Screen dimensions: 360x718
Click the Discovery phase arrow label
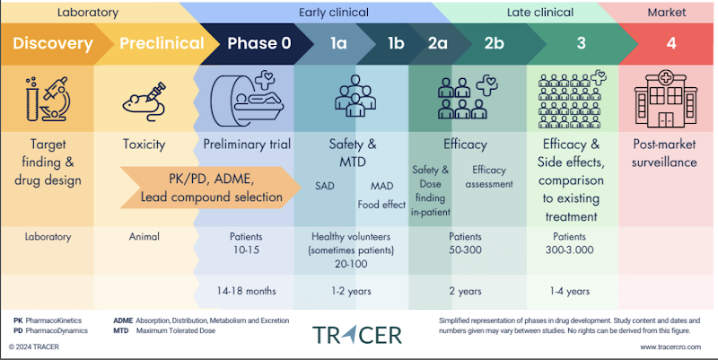tap(52, 44)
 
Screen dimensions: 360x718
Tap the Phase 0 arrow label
tap(259, 44)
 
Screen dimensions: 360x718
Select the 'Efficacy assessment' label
tap(491, 177)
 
